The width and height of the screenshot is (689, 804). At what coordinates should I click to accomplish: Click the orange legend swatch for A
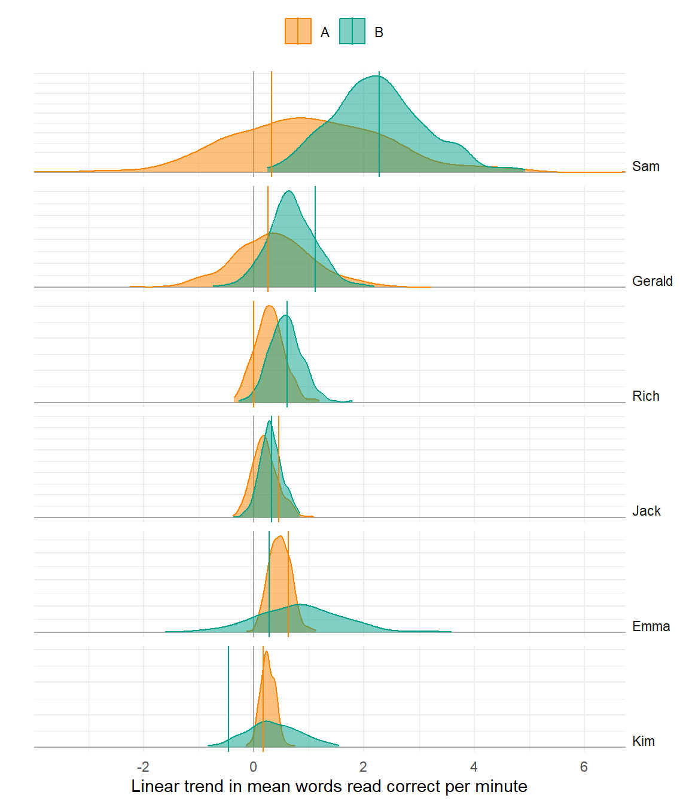pos(298,32)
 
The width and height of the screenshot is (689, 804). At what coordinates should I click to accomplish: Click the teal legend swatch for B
pos(352,32)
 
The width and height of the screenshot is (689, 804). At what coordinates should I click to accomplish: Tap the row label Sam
pos(645,166)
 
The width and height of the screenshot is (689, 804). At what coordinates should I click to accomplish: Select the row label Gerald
pos(652,281)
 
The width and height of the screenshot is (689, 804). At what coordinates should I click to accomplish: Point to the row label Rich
pos(645,396)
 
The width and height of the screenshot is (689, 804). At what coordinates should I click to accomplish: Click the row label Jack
pos(646,511)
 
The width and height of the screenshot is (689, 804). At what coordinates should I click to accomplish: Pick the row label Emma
pos(651,626)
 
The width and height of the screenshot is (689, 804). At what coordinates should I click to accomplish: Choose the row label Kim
pos(643,741)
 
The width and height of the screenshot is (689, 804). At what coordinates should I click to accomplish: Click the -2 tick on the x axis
pos(143,767)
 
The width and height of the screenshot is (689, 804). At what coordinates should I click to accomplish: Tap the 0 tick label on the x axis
pos(254,767)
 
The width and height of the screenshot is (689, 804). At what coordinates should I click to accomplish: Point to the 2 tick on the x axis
pos(364,767)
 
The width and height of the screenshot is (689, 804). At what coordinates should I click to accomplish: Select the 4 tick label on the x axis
pos(474,767)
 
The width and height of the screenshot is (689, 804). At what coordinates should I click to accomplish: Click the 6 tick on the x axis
pos(584,767)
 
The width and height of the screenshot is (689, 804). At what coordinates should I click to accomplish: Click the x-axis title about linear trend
pos(329,786)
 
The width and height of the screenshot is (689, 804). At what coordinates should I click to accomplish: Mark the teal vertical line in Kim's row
pos(228,694)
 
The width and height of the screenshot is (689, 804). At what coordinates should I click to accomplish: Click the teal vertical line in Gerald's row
pos(315,239)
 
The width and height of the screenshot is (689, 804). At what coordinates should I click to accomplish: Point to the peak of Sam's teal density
pos(377,76)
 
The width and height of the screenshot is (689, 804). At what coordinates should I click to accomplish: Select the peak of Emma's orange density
pos(279,537)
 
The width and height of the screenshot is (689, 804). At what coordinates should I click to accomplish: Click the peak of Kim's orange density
pos(266,652)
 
